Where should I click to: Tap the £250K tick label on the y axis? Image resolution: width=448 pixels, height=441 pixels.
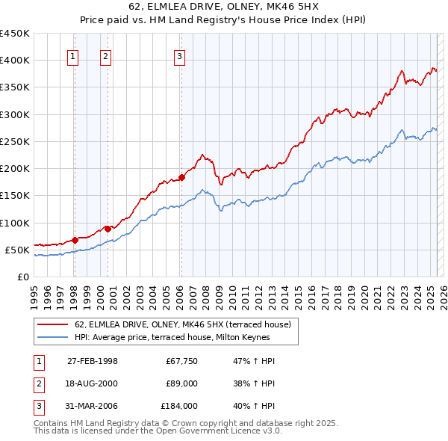click(14, 141)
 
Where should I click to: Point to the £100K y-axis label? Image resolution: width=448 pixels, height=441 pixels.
click(14, 223)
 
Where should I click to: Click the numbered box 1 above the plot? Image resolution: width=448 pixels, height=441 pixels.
click(73, 55)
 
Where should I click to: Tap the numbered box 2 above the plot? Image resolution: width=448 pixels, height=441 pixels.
click(106, 55)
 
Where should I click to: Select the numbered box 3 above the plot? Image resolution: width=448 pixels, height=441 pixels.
click(180, 55)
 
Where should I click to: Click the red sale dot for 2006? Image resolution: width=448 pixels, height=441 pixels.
click(181, 177)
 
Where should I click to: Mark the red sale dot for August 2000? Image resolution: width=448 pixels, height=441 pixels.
click(108, 229)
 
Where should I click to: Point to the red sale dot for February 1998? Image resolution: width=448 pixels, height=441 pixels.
click(75, 240)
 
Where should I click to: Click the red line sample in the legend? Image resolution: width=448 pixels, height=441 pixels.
click(53, 324)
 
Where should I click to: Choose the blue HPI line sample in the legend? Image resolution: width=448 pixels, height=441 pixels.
click(53, 337)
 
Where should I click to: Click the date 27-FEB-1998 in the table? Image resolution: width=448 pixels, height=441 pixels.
click(93, 361)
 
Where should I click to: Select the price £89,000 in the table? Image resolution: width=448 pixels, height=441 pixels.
click(181, 383)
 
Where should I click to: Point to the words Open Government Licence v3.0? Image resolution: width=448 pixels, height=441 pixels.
click(231, 431)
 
